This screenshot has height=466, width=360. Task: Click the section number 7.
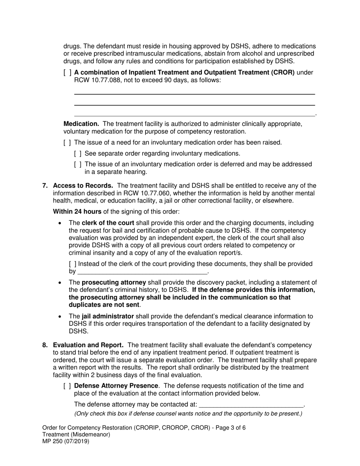pyautogui.click(x=45, y=186)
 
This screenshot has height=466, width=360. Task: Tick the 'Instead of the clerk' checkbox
pyautogui.click(x=72, y=264)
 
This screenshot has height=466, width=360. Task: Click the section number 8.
pyautogui.click(x=45, y=345)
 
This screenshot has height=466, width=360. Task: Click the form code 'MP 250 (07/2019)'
pyautogui.click(x=66, y=441)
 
